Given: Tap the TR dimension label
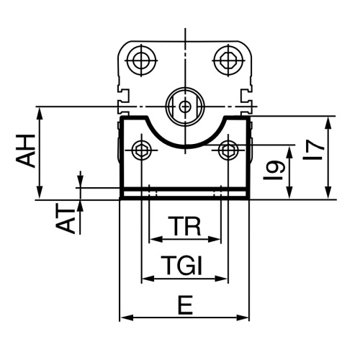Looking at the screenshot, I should coord(184,227).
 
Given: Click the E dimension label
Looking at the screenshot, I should coord(184,307).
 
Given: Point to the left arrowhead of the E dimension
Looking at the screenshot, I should coord(123,318).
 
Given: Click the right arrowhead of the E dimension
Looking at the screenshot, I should coord(245,318).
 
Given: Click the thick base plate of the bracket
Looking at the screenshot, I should coord(184,194).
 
